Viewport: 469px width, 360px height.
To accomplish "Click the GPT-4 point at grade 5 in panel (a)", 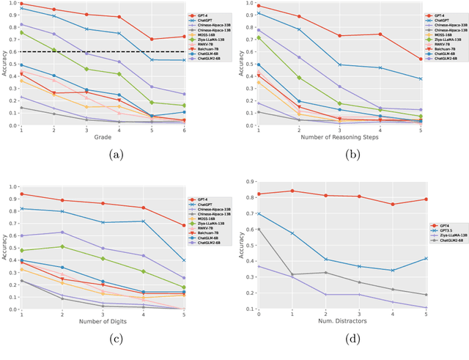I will (152, 40).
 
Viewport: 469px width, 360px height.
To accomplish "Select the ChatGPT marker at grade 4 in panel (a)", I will (119, 33).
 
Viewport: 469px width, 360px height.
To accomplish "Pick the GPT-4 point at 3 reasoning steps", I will (339, 36).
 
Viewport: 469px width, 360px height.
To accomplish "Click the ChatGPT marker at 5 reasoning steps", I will (420, 79).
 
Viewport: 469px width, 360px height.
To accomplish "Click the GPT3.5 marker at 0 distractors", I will (258, 214).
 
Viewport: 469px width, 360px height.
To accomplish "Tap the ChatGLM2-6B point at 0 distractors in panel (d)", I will (258, 229).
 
